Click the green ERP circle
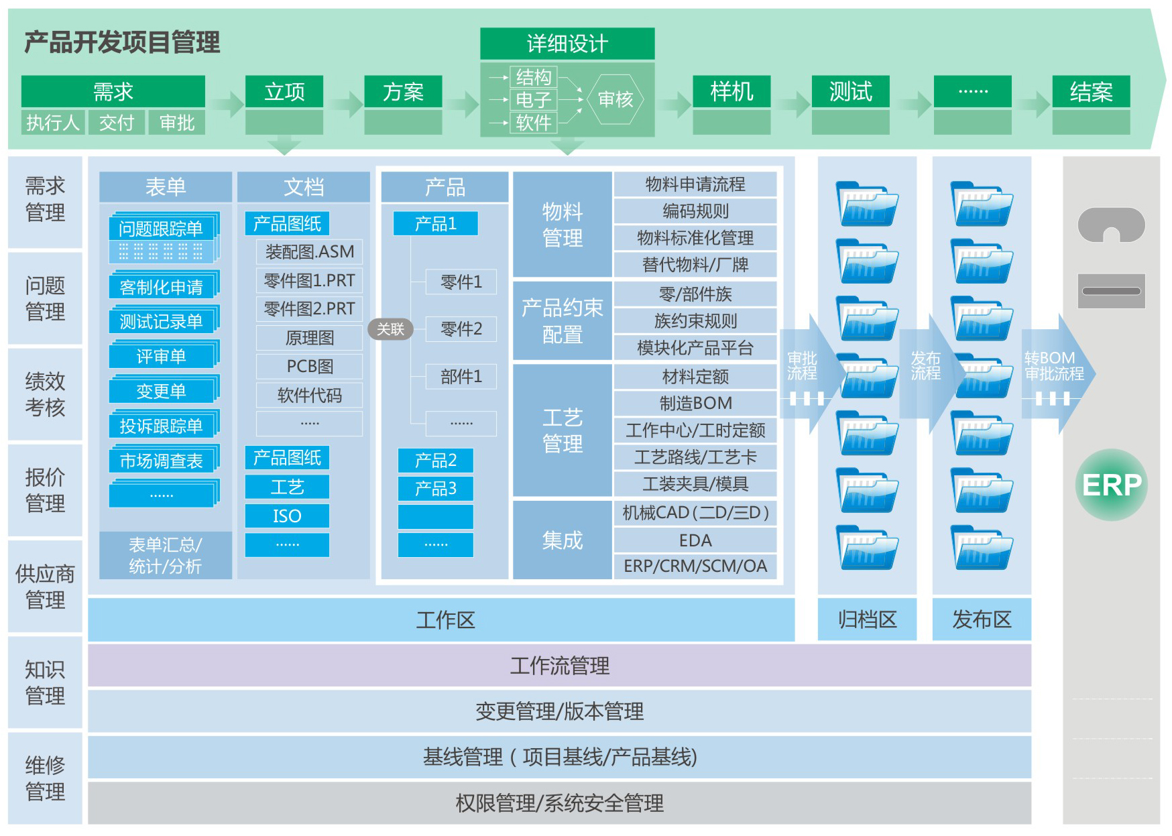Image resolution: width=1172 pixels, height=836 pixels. tap(1111, 485)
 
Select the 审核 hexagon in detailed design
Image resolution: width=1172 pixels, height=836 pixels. tap(615, 99)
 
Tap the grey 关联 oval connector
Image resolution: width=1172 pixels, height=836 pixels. tap(390, 329)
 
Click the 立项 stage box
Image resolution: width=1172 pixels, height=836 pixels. tap(284, 92)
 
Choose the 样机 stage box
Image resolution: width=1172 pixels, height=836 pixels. tap(731, 92)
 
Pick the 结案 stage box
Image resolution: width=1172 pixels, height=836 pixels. tap(1090, 92)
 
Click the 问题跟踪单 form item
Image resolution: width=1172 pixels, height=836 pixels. tap(161, 229)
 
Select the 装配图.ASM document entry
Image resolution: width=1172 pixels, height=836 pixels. tap(309, 252)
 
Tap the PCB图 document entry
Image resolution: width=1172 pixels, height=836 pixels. tap(309, 367)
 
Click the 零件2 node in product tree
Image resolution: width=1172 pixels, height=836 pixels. tap(461, 329)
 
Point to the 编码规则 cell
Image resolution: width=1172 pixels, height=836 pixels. tap(695, 211)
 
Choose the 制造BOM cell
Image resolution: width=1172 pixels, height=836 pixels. tap(695, 403)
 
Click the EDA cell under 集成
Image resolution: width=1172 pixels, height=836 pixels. tap(695, 540)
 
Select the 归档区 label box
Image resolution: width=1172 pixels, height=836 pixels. tap(867, 619)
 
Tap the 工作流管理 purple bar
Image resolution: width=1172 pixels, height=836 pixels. tap(559, 666)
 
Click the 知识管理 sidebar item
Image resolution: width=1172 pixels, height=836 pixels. tap(45, 682)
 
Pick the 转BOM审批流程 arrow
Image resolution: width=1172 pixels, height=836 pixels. tap(1055, 373)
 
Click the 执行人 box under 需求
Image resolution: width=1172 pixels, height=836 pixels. tap(52, 123)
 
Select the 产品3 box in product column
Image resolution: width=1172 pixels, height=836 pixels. tap(435, 489)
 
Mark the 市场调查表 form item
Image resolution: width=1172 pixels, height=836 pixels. tap(161, 461)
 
